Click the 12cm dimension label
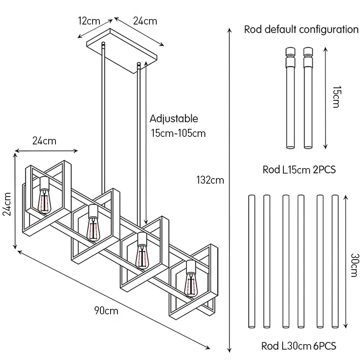click(x=89, y=21)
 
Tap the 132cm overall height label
click(x=210, y=180)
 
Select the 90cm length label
click(x=106, y=310)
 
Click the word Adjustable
click(x=174, y=118)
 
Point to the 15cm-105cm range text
click(x=178, y=133)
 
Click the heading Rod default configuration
click(x=301, y=30)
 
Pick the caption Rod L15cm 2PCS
click(x=299, y=170)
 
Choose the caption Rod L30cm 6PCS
click(x=299, y=346)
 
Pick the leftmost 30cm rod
click(x=252, y=261)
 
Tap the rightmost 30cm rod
click(x=335, y=261)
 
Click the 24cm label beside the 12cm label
click(x=145, y=21)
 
